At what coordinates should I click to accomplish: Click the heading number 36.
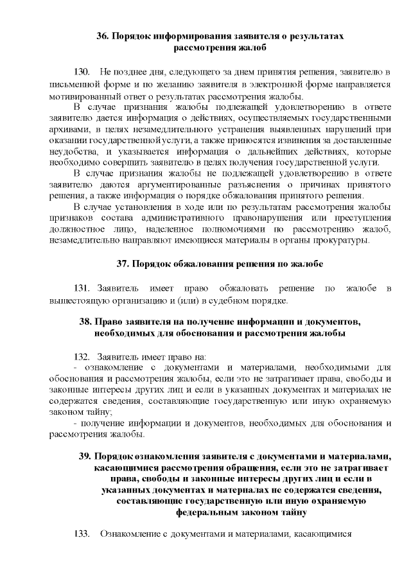pos(103,37)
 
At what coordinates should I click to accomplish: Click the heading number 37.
pos(123,263)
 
